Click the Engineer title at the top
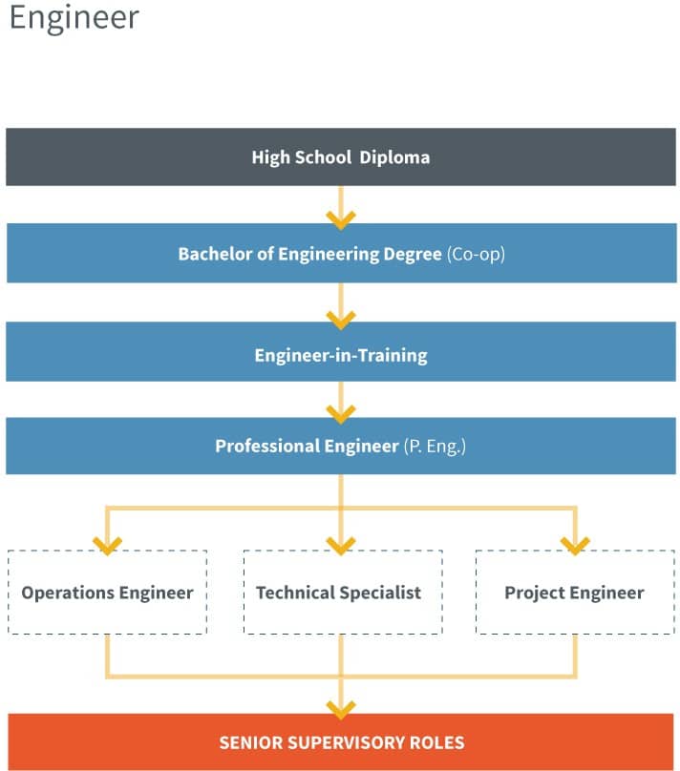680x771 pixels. (74, 18)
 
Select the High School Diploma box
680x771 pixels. (340, 156)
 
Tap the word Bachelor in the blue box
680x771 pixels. (211, 255)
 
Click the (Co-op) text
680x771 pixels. (475, 255)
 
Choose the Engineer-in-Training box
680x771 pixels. (340, 355)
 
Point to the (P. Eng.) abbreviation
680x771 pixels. (435, 446)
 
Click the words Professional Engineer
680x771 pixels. (306, 446)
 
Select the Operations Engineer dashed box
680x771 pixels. (107, 593)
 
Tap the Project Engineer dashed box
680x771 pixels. (574, 593)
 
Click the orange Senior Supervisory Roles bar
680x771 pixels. (340, 741)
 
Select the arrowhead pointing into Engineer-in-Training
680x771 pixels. (340, 318)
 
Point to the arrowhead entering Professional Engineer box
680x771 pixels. (340, 412)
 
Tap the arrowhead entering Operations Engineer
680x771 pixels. (107, 545)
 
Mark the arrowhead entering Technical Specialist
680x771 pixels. (340, 545)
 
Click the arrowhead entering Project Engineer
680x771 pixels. (575, 545)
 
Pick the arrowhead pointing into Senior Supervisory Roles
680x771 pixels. (340, 708)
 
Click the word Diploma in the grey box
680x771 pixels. (394, 156)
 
